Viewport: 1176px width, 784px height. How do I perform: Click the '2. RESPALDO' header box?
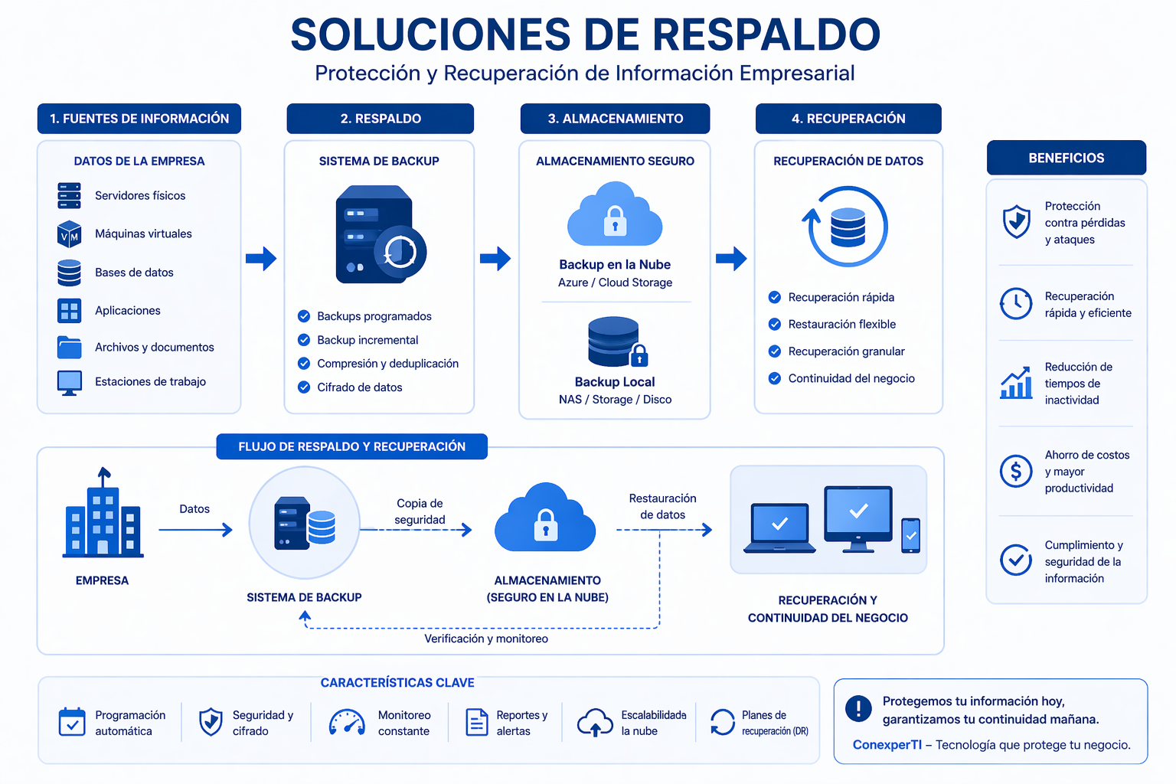380,119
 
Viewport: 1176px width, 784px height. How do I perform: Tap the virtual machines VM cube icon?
69,234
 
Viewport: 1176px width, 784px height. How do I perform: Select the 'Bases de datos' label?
134,273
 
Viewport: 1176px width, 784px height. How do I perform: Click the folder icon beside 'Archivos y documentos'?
69,348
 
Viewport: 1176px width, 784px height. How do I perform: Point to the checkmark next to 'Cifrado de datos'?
304,387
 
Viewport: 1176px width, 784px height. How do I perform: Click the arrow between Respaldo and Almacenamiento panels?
495,259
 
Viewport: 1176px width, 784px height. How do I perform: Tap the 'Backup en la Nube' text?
614,265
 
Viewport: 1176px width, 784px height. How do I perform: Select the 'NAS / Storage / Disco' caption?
615,400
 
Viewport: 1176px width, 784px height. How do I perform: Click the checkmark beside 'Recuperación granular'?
775,351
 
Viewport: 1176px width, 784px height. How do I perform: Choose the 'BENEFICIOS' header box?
1066,158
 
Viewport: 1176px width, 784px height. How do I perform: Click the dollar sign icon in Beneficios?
1016,471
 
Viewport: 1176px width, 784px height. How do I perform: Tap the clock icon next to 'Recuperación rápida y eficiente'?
1016,304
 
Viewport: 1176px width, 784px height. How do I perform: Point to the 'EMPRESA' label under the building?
102,580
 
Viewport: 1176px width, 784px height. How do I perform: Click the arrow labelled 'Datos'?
195,529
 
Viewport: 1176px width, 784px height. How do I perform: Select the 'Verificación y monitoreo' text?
486,639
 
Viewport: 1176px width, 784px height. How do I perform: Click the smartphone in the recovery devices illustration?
910,535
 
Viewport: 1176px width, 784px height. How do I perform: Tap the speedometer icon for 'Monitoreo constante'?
347,723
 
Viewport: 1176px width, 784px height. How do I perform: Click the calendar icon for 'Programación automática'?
72,722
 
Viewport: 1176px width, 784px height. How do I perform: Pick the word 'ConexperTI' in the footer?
887,745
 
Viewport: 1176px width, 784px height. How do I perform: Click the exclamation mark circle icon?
858,709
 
